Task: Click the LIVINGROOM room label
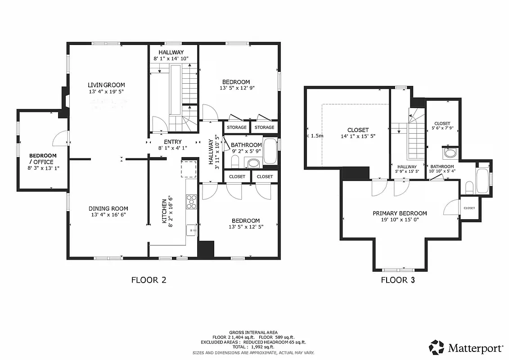click(106, 85)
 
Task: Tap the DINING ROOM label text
click(108, 208)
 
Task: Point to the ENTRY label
click(173, 142)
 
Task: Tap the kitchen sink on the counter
click(192, 230)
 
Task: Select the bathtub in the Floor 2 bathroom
click(270, 151)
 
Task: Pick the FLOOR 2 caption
click(149, 280)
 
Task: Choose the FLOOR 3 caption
click(398, 280)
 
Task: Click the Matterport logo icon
click(436, 347)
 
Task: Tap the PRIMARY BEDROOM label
click(400, 213)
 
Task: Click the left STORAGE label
click(236, 127)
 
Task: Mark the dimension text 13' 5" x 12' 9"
click(242, 88)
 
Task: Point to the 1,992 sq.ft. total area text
click(266, 347)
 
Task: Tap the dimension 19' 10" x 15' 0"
click(400, 220)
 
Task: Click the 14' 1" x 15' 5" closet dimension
click(358, 136)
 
